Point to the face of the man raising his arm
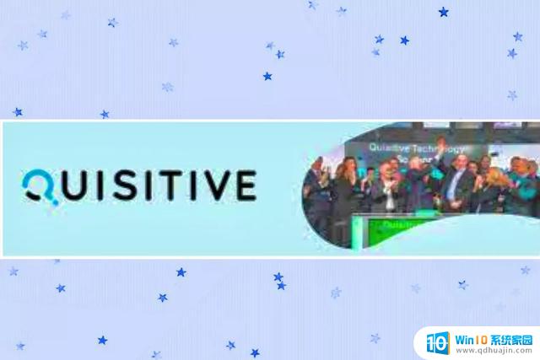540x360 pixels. (456, 159)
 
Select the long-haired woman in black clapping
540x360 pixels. (345, 190)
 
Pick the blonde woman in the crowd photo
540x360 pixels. (493, 181)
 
